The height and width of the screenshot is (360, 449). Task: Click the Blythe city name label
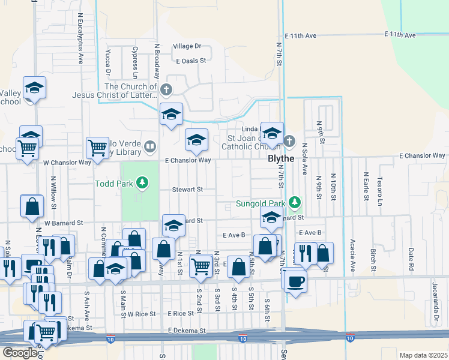tap(280, 158)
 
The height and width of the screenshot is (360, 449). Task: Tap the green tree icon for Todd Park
tap(142, 181)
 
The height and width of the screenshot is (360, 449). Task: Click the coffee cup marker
tap(295, 280)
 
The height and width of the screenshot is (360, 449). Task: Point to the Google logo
tap(19, 353)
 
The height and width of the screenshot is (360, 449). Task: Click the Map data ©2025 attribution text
tap(423, 355)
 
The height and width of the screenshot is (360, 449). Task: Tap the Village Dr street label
tap(187, 46)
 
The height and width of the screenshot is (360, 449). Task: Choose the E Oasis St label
tap(191, 61)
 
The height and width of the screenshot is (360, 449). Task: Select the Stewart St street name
tap(188, 189)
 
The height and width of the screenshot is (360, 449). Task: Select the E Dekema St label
tap(187, 331)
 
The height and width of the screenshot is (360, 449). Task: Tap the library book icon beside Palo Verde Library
tap(150, 146)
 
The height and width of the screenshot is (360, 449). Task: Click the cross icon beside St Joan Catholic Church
tap(289, 141)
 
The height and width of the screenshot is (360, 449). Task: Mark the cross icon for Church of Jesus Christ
tap(166, 91)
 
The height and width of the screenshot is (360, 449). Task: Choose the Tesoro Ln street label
tap(379, 190)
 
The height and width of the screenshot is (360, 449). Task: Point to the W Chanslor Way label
tap(67, 162)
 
